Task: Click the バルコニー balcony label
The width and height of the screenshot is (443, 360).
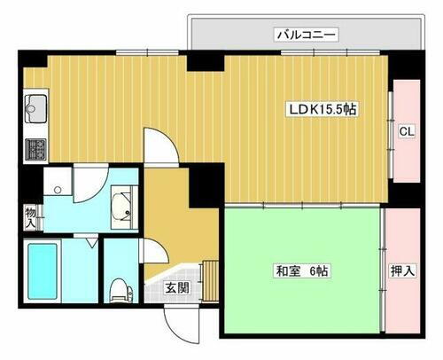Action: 305,36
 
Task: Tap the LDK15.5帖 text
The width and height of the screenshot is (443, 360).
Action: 320,112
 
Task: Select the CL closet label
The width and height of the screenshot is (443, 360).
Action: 406,132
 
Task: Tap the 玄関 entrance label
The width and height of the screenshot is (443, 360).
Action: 175,286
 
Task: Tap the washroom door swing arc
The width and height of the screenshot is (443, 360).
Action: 90,184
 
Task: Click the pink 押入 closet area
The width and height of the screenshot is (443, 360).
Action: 403,284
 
